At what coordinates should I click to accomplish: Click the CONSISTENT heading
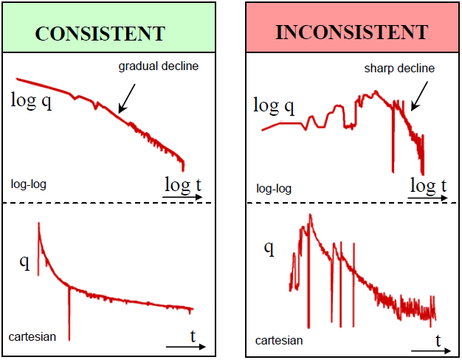click(100, 34)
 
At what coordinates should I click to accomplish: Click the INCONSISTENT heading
click(351, 33)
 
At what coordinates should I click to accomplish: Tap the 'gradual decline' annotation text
click(159, 66)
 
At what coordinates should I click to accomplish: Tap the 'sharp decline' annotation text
click(399, 68)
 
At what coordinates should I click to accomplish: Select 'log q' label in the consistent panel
click(31, 100)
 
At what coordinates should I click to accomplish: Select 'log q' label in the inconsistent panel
click(274, 105)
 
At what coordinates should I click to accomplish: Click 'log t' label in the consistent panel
click(182, 185)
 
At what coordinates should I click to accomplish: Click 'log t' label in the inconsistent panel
click(427, 185)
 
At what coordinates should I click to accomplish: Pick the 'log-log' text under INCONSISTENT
click(273, 188)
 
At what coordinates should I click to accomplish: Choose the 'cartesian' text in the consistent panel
click(32, 336)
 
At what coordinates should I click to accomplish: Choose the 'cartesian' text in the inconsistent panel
click(279, 340)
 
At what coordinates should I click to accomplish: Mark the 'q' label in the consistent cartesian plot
click(24, 262)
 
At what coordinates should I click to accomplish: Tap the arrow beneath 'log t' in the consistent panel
click(182, 198)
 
